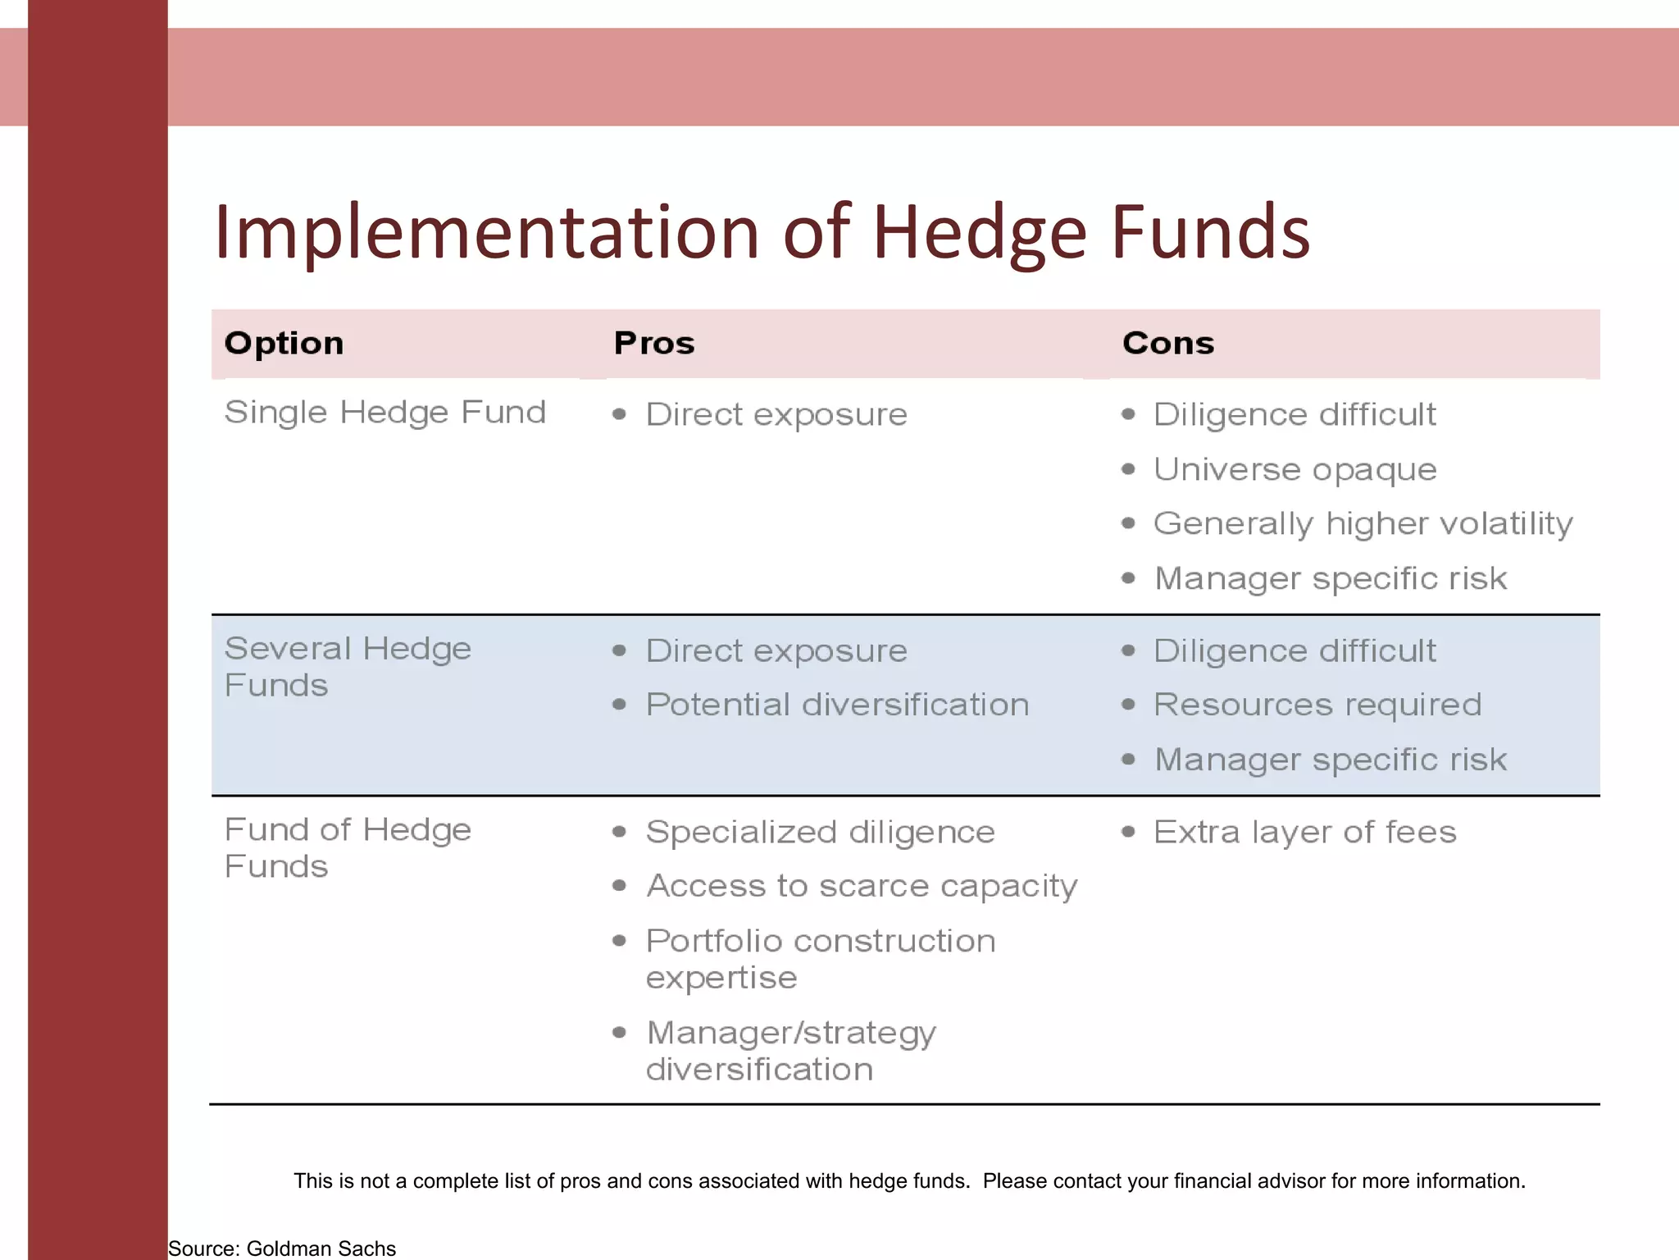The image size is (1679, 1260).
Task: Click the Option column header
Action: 284,343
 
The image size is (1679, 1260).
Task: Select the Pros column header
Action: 653,343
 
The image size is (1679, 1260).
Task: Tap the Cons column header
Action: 1167,343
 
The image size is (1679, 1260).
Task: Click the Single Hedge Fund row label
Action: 385,413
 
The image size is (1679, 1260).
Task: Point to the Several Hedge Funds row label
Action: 348,666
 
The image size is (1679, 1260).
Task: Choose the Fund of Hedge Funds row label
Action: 348,847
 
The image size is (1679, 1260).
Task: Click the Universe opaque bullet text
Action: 1295,470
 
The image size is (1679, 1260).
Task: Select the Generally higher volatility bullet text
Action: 1363,524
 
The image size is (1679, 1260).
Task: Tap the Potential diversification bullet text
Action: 837,705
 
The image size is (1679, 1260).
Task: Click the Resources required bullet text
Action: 1317,705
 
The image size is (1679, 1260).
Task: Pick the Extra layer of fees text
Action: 1304,833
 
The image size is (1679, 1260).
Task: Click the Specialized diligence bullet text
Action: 820,833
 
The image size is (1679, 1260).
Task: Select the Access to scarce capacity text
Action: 862,887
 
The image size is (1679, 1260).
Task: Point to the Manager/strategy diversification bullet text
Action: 791,1051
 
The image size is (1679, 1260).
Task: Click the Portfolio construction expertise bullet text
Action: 820,959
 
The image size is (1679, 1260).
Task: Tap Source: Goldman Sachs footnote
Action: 282,1249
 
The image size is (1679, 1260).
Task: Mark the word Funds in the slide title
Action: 1210,233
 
